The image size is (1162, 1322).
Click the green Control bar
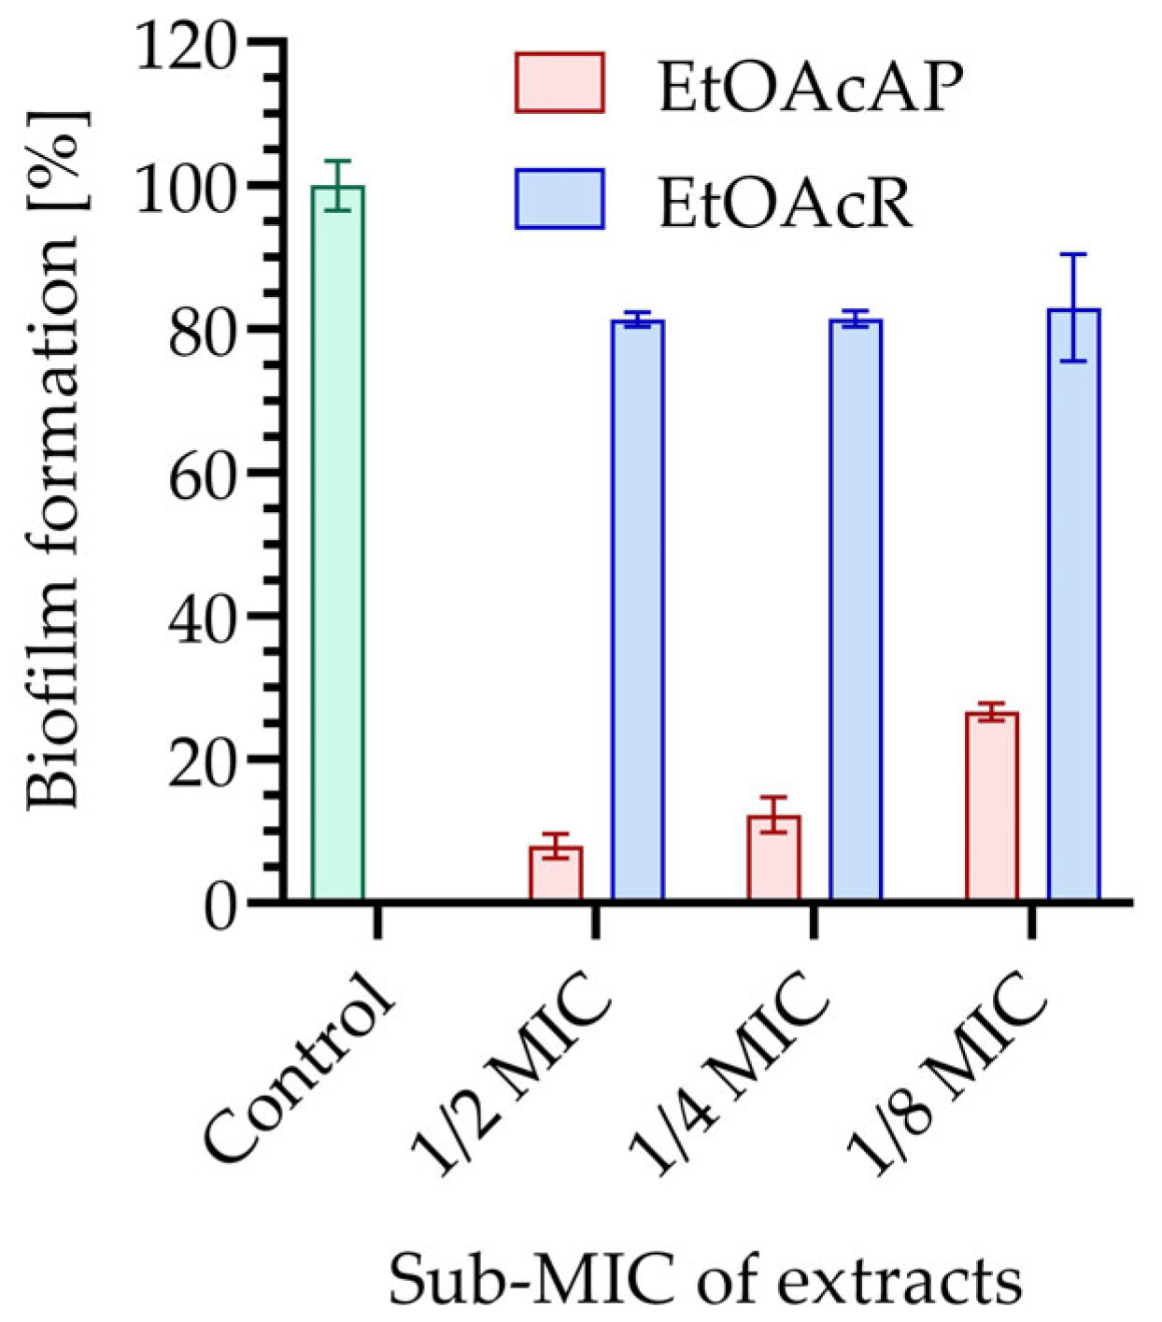pos(337,542)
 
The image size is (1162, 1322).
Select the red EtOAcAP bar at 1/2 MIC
pos(556,874)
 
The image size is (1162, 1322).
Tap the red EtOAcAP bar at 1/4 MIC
pos(773,859)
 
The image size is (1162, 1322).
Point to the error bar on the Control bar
pos(337,185)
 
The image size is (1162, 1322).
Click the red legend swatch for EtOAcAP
pos(560,83)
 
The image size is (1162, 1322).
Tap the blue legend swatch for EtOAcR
pos(560,199)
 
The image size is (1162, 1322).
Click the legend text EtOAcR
pos(785,203)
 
